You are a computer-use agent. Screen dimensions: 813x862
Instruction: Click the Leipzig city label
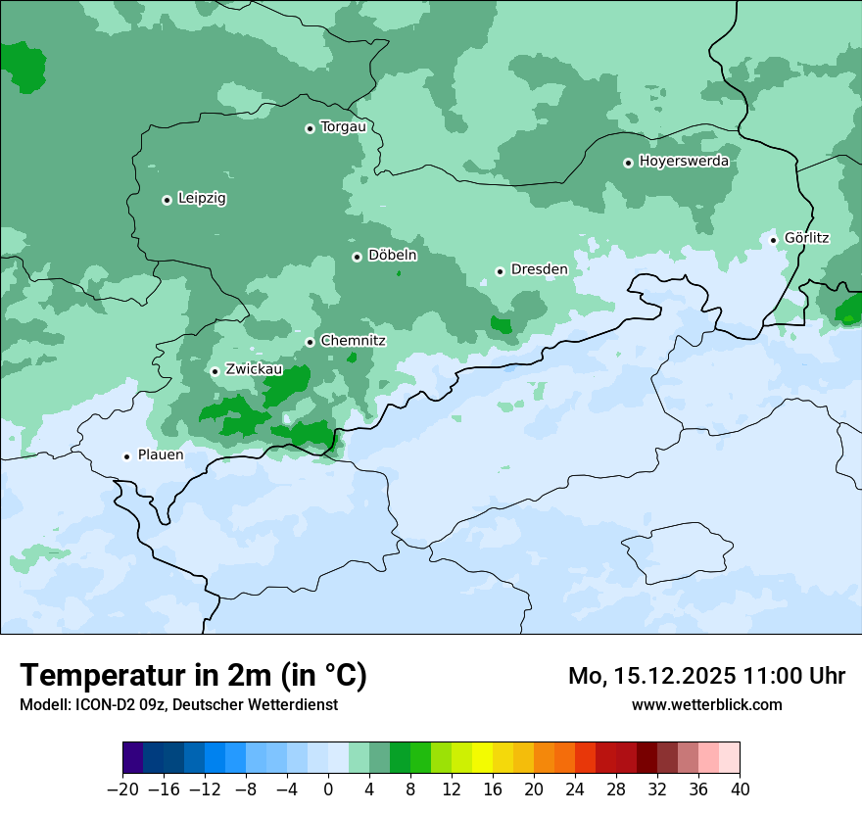pyautogui.click(x=202, y=198)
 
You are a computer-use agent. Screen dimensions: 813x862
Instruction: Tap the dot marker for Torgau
pyautogui.click(x=310, y=128)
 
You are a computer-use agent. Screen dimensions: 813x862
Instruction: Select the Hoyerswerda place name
pyautogui.click(x=684, y=161)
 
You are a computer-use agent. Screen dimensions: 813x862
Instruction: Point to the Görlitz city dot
pyautogui.click(x=773, y=239)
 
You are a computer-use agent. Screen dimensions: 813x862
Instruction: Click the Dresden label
pyautogui.click(x=539, y=269)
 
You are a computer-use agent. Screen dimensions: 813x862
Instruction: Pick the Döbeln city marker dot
pyautogui.click(x=357, y=257)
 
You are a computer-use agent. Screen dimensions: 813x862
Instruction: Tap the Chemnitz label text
pyautogui.click(x=353, y=341)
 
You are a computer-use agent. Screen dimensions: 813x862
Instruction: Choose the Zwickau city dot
pyautogui.click(x=215, y=371)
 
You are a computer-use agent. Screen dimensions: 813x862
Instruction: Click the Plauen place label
pyautogui.click(x=161, y=455)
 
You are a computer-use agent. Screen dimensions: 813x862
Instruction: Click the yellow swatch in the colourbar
pyautogui.click(x=482, y=758)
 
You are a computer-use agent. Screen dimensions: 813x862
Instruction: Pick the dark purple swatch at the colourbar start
pyautogui.click(x=132, y=758)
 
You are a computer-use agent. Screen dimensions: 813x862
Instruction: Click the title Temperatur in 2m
pyautogui.click(x=193, y=675)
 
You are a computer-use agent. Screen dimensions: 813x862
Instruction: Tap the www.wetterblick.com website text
pyautogui.click(x=706, y=704)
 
